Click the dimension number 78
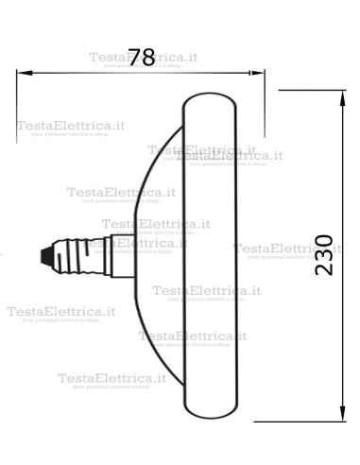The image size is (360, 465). click(141, 57)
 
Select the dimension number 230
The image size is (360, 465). click(323, 254)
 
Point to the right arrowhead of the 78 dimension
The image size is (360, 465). click(258, 72)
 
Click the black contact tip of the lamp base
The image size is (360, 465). click(43, 255)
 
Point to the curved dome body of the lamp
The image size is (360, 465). click(156, 253)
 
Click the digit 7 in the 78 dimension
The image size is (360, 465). click(133, 57)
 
